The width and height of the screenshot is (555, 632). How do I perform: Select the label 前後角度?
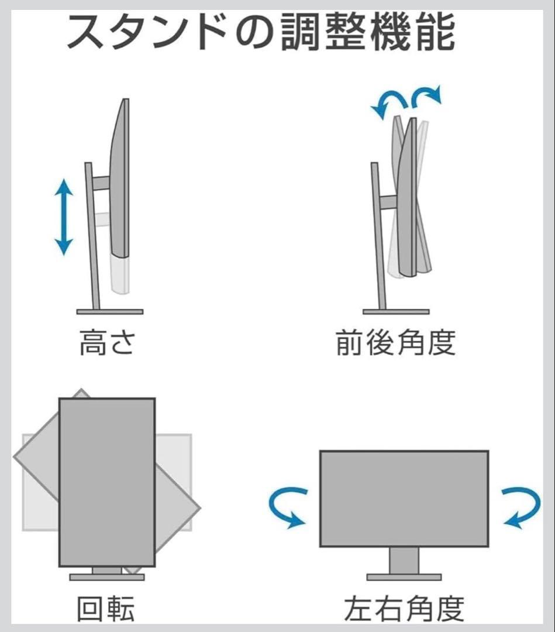point(395,343)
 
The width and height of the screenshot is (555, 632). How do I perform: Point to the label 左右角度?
point(404,609)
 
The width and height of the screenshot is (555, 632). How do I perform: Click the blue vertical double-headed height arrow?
point(63,217)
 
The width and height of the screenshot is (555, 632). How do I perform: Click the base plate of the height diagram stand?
point(109,311)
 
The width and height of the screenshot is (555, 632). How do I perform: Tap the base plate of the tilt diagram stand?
point(396,311)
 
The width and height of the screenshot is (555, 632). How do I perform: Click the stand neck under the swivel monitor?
point(404,560)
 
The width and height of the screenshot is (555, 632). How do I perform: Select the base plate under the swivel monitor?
point(404,577)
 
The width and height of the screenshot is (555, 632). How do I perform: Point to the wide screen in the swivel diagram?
point(404,498)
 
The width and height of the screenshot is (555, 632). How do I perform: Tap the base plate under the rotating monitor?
point(107,577)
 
